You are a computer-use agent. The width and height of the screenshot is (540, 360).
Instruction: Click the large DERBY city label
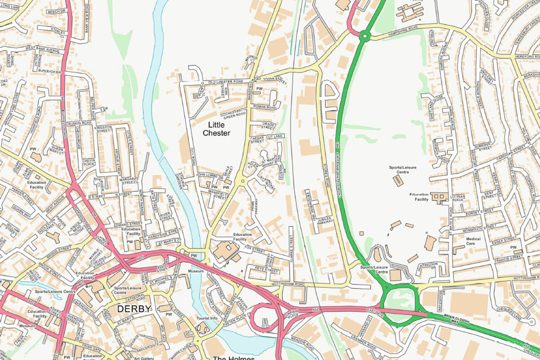point(135,309)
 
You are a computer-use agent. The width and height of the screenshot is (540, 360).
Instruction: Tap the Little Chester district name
point(216,129)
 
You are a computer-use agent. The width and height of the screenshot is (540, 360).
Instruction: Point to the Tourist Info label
point(207,318)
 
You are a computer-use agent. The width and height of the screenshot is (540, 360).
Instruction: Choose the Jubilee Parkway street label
point(325,219)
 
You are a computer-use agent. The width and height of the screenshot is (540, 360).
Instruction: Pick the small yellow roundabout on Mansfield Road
point(241,181)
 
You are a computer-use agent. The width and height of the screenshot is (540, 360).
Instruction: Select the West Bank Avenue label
point(42,49)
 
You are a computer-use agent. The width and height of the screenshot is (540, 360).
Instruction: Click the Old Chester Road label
point(226,81)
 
